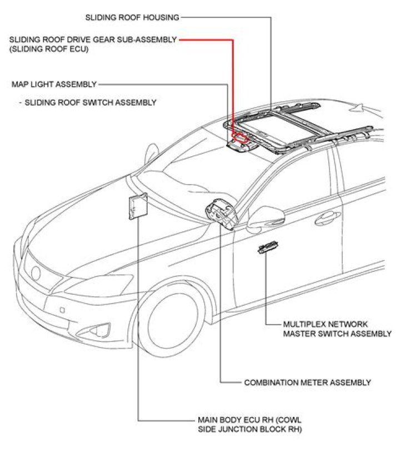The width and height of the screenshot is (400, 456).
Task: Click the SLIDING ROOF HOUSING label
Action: [132, 17]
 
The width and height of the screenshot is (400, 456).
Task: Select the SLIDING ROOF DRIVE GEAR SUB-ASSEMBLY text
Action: [93, 40]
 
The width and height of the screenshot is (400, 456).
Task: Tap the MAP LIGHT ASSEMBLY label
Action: [54, 85]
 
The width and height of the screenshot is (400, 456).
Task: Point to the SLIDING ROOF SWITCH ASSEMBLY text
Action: [91, 102]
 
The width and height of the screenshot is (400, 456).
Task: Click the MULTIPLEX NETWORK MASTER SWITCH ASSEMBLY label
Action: [337, 329]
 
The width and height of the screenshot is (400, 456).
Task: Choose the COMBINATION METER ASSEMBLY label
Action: [307, 383]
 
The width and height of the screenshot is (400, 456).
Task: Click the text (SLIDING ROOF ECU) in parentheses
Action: [49, 49]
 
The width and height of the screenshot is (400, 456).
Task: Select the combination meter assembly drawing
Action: [221, 214]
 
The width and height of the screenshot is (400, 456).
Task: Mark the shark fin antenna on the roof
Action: [362, 108]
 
